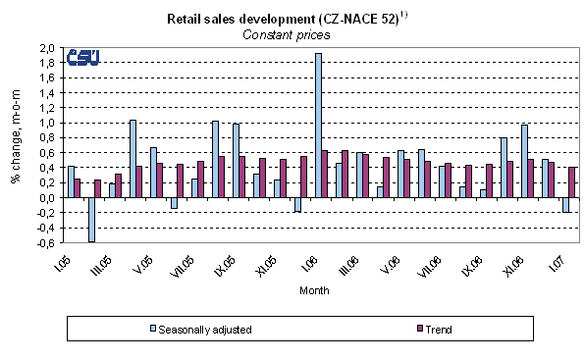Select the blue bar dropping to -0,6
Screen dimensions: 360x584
91,219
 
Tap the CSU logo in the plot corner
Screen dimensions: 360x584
82,59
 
